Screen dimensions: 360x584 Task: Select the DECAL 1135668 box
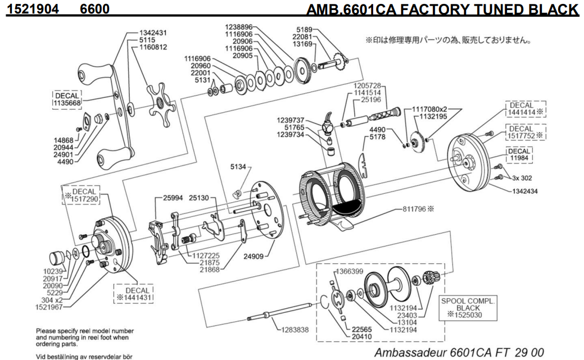(x=67, y=99)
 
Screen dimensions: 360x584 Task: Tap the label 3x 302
(x=522, y=177)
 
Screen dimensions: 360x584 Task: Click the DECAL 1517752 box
(x=526, y=132)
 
